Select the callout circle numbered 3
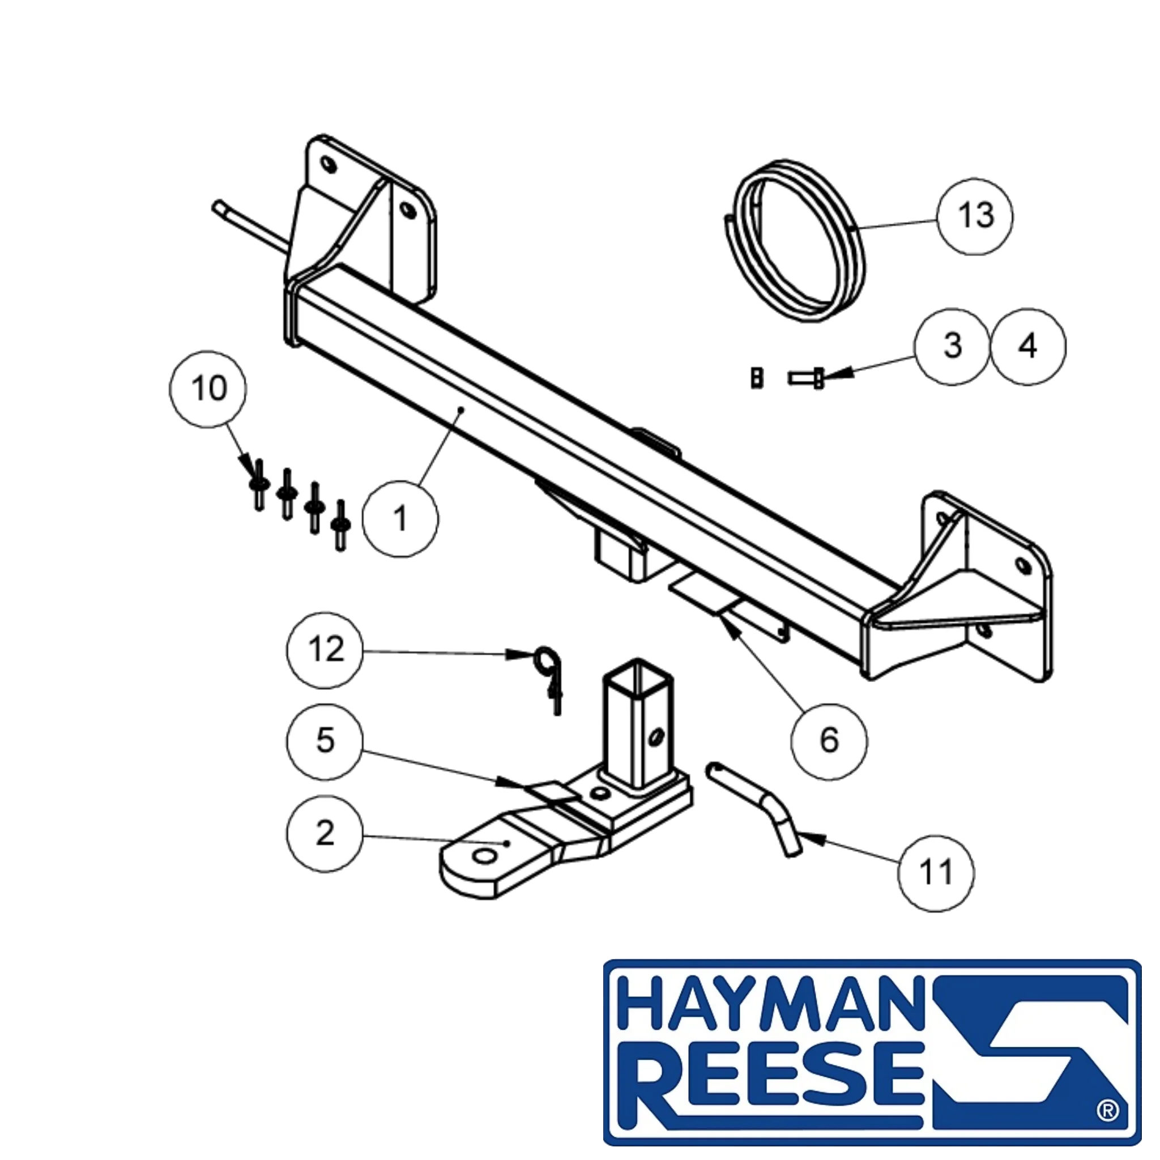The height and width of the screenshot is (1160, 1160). (952, 347)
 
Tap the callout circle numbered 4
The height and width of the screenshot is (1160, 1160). (1029, 347)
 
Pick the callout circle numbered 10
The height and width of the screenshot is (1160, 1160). (208, 389)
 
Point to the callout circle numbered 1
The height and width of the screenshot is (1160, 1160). (400, 519)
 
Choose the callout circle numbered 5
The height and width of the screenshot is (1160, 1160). (325, 742)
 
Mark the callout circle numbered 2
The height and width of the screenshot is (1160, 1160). (325, 834)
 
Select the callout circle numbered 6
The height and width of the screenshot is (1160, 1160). (829, 741)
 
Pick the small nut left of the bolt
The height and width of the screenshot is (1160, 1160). (758, 378)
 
